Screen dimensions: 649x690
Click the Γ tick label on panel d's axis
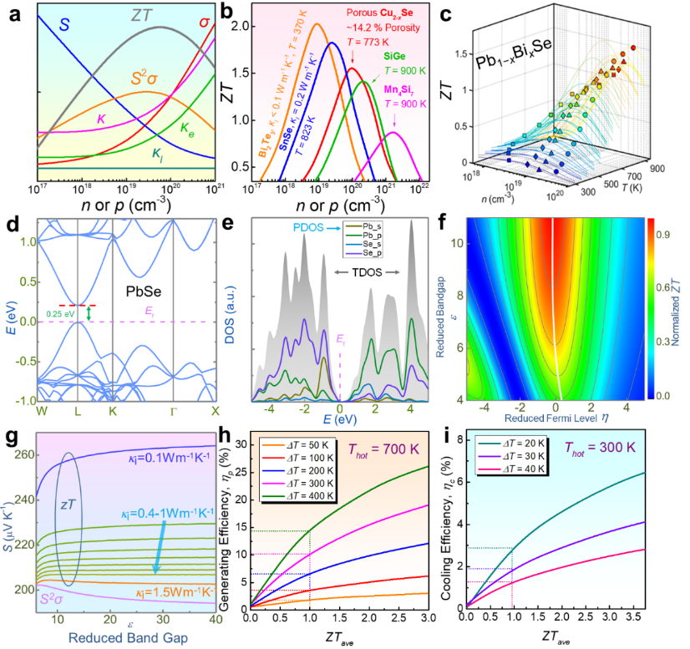(173, 409)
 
